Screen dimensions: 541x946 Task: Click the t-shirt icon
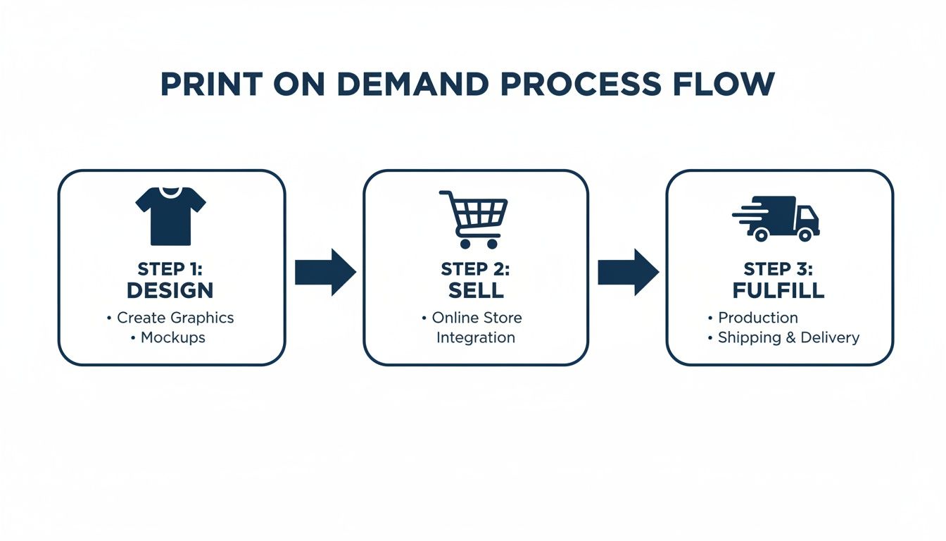click(170, 216)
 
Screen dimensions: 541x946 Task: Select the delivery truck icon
click(777, 218)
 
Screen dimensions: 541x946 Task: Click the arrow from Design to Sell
click(324, 272)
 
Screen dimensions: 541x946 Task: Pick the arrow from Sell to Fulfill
click(628, 272)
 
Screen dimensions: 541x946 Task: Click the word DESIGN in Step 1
click(170, 290)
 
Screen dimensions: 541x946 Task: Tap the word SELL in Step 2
click(475, 290)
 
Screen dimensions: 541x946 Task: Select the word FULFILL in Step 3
click(778, 290)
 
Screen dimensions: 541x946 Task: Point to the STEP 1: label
click(170, 269)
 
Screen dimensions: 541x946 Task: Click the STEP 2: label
click(475, 269)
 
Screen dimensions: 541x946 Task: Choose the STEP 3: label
click(778, 269)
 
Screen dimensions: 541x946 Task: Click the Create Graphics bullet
click(175, 318)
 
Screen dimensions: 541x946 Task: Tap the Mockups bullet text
click(172, 337)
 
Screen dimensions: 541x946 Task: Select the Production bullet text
click(757, 318)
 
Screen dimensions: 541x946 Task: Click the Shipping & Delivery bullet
click(788, 337)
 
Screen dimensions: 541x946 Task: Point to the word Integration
click(475, 337)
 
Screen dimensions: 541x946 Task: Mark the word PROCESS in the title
click(580, 85)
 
